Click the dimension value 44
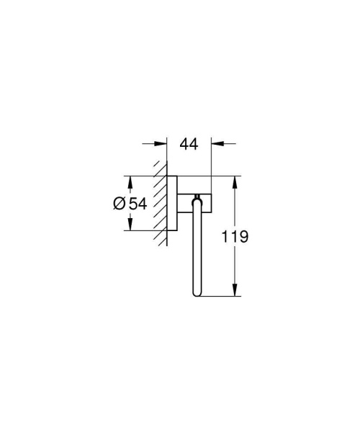click(x=188, y=145)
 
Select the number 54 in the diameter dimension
click(x=138, y=204)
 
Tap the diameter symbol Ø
click(x=120, y=204)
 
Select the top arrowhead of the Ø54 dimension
click(x=130, y=180)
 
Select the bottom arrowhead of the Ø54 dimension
click(x=130, y=226)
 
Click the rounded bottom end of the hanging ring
click(x=197, y=293)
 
